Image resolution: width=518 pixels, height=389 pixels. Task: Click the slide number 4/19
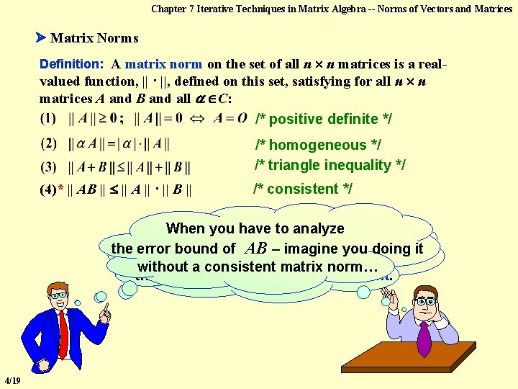[x=12, y=380]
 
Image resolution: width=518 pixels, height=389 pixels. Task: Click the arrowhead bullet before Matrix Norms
[x=41, y=37]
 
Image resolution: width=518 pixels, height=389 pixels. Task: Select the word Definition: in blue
[x=73, y=64]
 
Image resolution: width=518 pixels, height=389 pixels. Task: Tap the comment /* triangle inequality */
[x=330, y=165]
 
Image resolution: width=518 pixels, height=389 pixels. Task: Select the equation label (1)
[x=50, y=117]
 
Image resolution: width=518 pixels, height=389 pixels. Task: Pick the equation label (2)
[x=50, y=143]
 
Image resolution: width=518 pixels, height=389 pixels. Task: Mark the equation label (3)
[x=50, y=168]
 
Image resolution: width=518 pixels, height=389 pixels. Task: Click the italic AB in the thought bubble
[x=256, y=248]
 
